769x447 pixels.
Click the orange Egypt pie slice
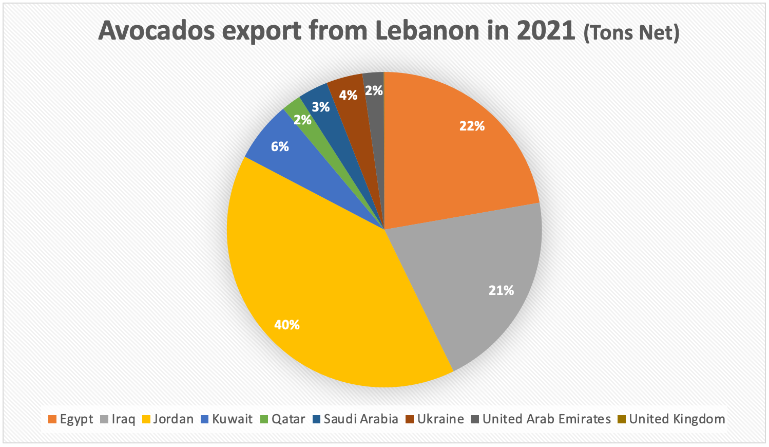(x=452, y=154)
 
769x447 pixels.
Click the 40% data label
(x=286, y=325)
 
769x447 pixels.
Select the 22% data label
(x=472, y=126)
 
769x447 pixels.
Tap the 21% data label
(x=501, y=291)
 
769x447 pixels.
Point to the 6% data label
(x=280, y=147)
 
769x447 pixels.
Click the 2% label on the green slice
(x=302, y=120)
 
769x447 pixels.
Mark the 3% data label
(x=321, y=107)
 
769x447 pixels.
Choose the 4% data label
(x=348, y=95)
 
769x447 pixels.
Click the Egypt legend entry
(x=71, y=419)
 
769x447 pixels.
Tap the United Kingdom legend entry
(x=671, y=419)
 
